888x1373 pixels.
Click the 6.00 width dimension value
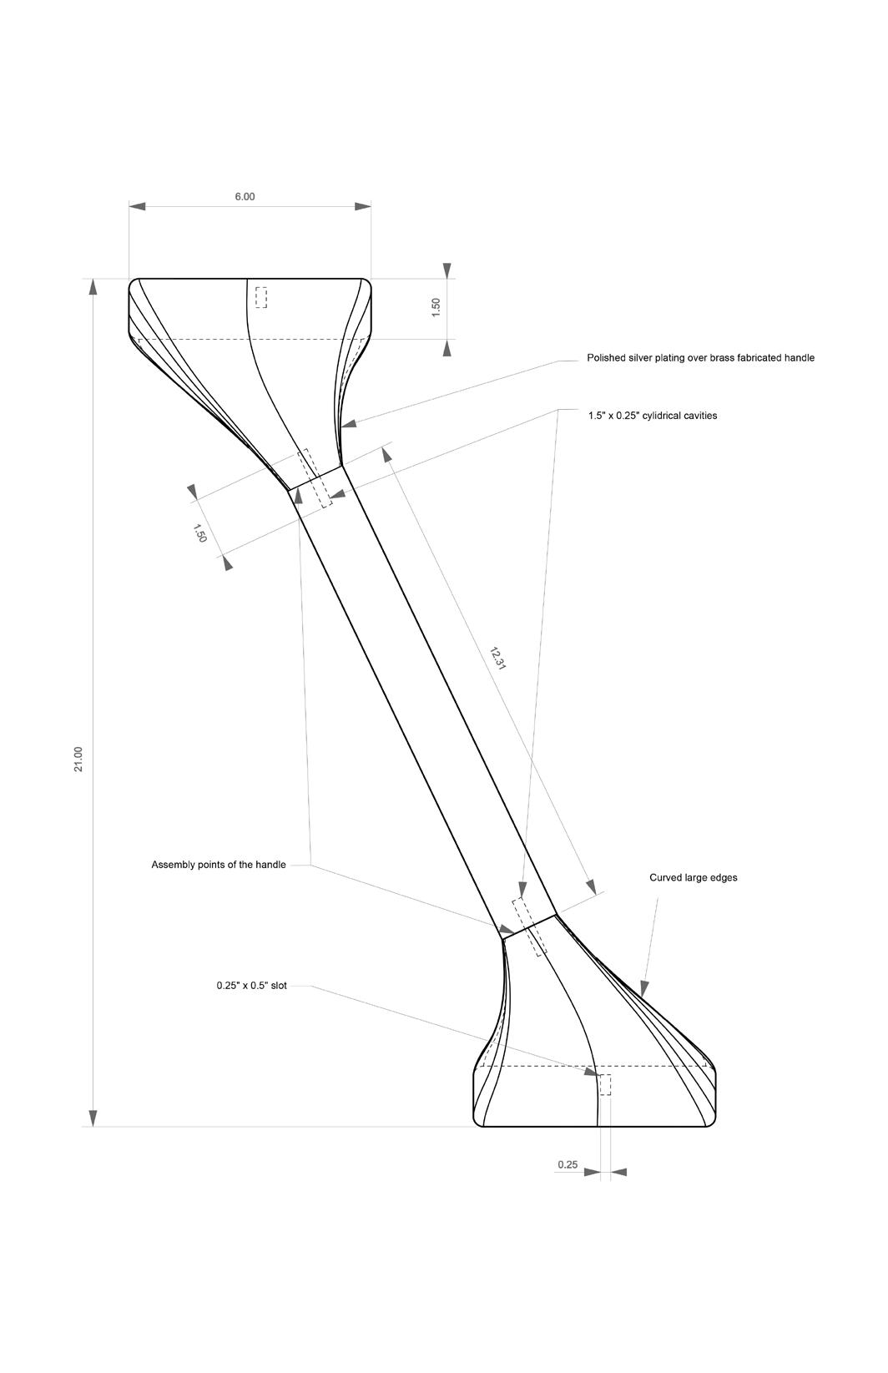[x=245, y=197]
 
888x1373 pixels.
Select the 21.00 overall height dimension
[x=78, y=759]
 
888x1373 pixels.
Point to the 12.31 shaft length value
[x=498, y=658]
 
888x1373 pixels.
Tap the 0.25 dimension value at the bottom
[x=568, y=1164]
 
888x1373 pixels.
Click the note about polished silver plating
[x=700, y=358]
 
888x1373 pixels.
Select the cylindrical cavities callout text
[x=652, y=415]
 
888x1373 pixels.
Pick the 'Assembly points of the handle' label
[x=219, y=865]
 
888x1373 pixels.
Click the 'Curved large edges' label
[x=693, y=878]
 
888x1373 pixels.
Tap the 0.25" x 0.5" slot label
[x=251, y=986]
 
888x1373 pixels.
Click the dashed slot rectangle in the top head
[x=261, y=297]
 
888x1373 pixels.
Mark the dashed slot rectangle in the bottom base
[x=605, y=1085]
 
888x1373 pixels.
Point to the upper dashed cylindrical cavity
[x=315, y=477]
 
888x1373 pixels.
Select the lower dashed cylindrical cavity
[x=530, y=926]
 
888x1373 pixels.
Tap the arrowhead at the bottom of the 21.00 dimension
[x=93, y=1118]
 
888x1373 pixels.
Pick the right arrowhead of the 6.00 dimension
[x=362, y=206]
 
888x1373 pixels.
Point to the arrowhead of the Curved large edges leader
[x=643, y=988]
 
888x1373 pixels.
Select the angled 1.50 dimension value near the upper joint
[x=200, y=533]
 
